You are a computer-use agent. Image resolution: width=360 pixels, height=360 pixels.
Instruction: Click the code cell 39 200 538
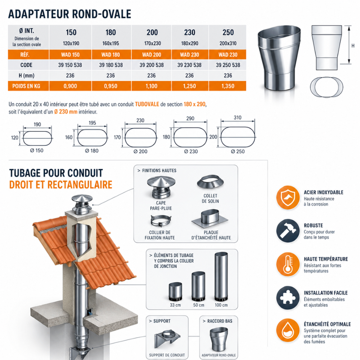[152, 65]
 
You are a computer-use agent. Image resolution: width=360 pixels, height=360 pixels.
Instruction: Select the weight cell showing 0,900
[70, 86]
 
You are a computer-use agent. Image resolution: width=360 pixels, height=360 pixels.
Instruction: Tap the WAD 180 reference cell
[111, 55]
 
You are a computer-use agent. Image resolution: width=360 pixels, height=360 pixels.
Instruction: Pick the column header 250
[228, 32]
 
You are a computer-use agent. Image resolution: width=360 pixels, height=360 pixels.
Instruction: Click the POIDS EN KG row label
[26, 86]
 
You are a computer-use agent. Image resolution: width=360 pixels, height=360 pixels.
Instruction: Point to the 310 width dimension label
[238, 118]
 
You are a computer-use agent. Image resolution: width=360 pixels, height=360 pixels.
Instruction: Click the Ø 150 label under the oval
[37, 150]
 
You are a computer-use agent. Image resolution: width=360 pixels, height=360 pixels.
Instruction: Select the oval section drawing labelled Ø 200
[140, 138]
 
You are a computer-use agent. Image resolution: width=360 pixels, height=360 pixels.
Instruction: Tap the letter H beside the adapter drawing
[353, 46]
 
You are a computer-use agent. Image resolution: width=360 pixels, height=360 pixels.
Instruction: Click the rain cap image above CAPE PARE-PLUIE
[161, 187]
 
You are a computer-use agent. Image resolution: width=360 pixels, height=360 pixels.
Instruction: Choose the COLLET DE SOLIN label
[210, 198]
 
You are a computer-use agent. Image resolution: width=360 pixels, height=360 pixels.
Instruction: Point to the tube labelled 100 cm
[221, 276]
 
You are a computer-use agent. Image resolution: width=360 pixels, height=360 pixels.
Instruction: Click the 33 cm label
[175, 305]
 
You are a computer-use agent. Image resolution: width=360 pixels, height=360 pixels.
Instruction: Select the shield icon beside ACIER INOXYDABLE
[288, 197]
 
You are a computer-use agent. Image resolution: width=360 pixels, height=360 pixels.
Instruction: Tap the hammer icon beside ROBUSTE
[288, 231]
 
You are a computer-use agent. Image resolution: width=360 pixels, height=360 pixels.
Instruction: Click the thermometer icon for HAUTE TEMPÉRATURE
[288, 264]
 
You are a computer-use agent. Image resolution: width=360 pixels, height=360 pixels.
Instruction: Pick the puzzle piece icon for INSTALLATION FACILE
[288, 298]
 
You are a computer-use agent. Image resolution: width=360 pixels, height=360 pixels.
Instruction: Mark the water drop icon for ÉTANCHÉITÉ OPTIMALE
[288, 331]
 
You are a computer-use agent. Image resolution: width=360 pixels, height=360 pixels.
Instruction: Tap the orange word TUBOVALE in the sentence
[147, 104]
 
